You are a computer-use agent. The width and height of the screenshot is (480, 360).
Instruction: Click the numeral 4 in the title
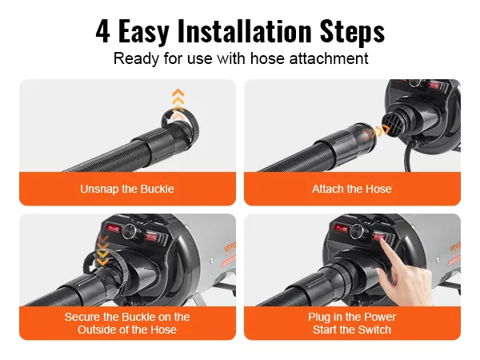pos(103,31)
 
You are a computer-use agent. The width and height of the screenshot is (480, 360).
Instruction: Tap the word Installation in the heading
pos(245,30)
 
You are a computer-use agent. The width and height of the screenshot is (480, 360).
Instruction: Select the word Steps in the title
pos(352,32)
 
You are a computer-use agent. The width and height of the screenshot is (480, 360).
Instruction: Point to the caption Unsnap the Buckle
pos(127,189)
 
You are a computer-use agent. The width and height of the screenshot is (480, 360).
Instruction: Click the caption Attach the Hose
pos(352,189)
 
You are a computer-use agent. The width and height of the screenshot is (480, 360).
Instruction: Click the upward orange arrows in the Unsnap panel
pos(178,104)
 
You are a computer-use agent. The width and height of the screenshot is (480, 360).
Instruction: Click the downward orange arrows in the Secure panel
pos(102,250)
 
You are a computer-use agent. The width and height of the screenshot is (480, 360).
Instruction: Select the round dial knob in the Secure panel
pos(130,232)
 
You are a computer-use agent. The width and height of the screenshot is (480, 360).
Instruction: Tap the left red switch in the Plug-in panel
pos(342,228)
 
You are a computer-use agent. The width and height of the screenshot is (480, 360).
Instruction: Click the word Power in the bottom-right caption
pos(382,317)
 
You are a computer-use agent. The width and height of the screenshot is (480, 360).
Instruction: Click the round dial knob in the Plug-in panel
pos(356,231)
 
